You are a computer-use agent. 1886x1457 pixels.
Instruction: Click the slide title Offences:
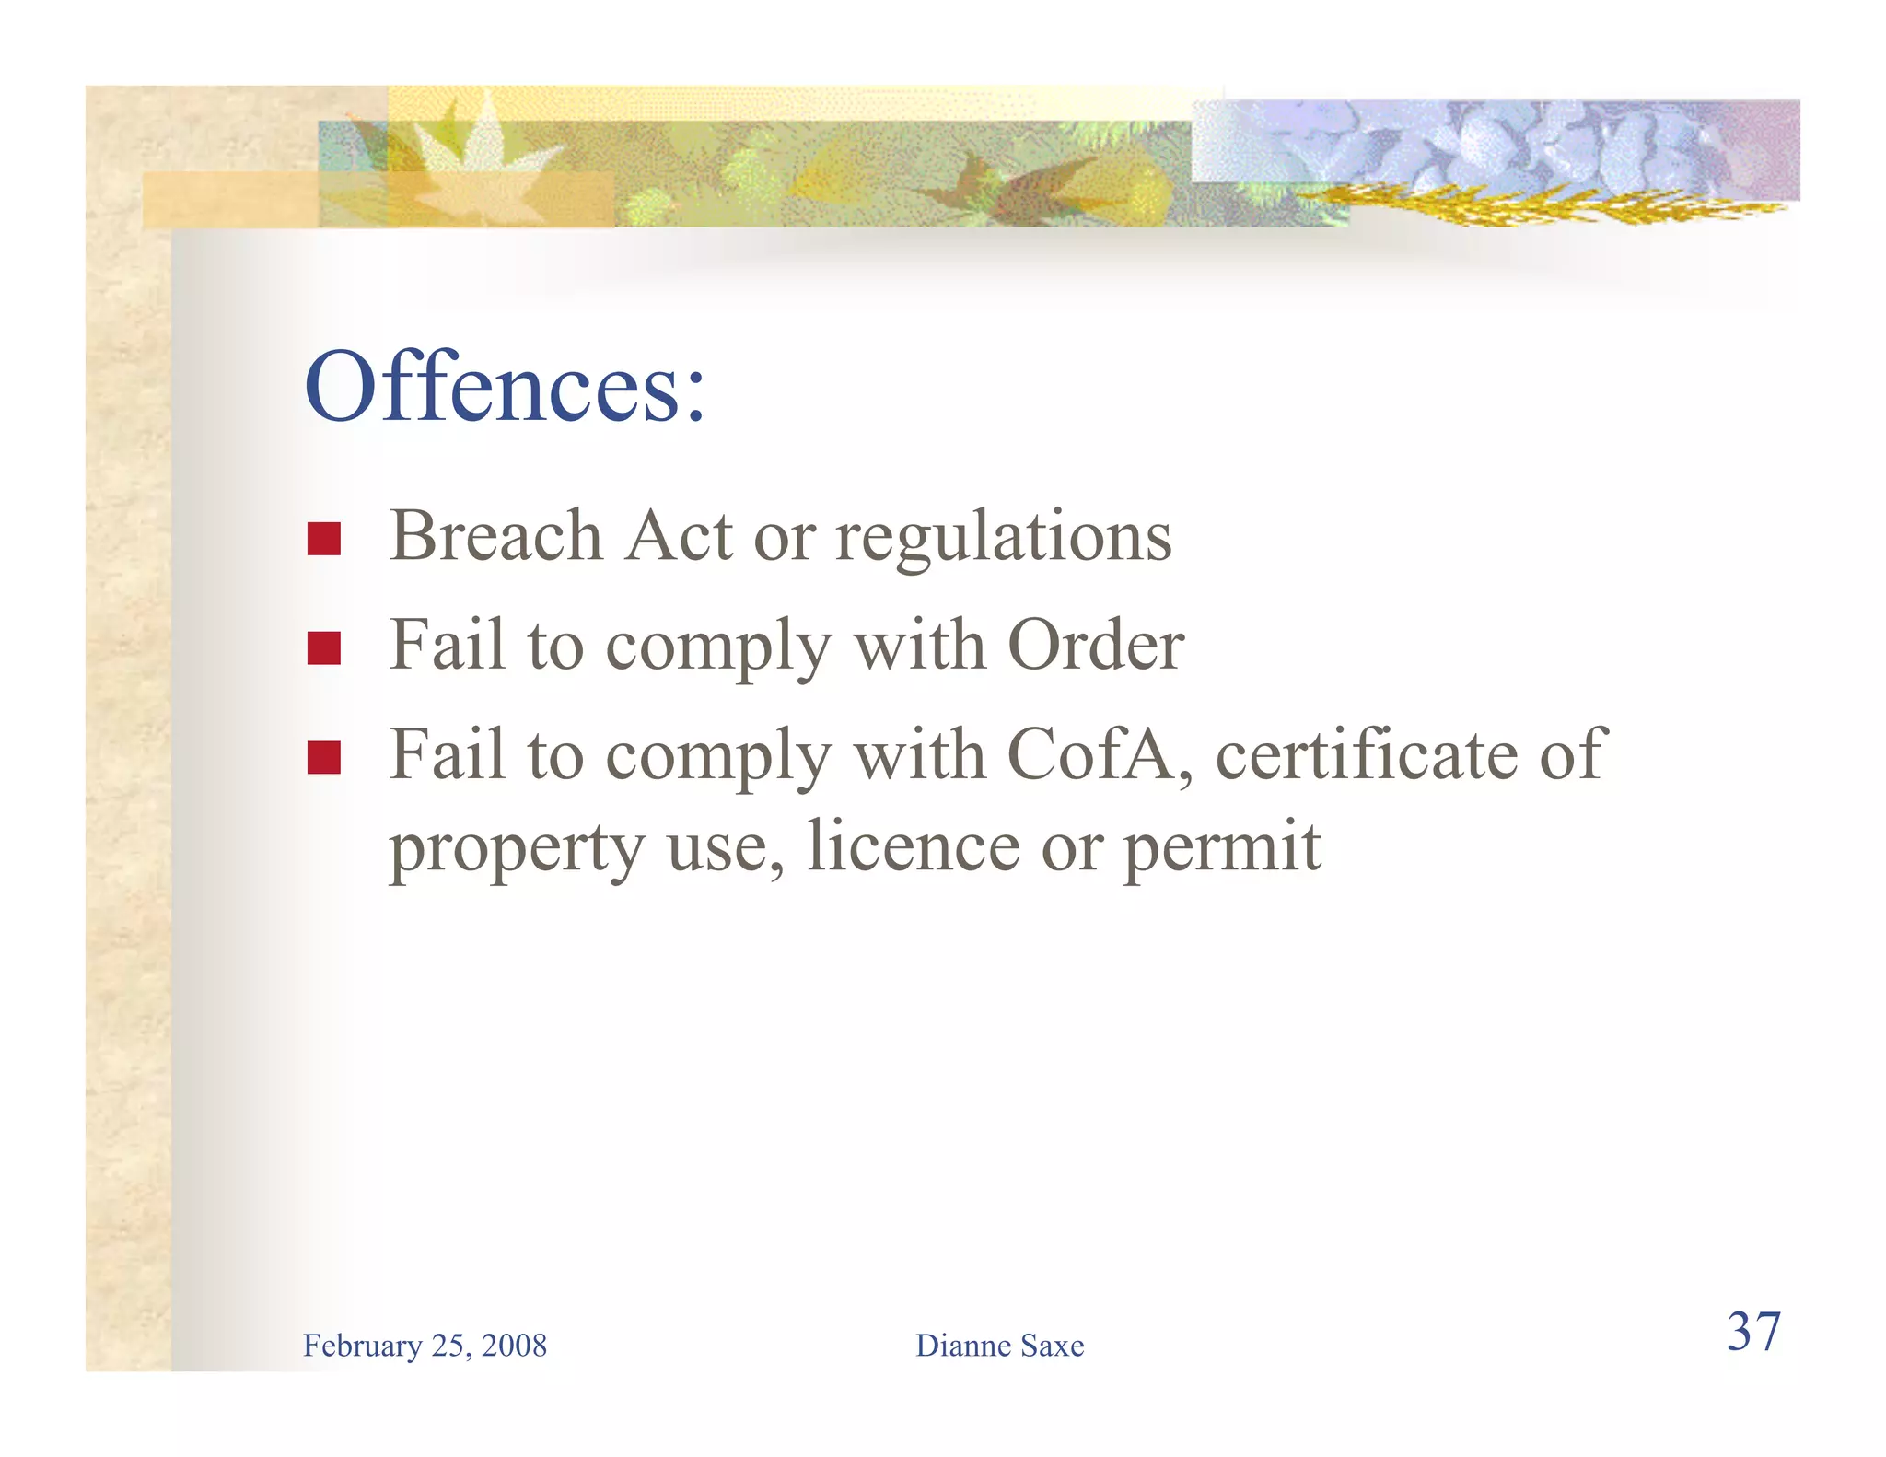coord(505,387)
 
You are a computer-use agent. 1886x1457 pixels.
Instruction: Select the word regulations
coord(1003,538)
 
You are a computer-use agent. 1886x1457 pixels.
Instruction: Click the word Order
coord(1096,645)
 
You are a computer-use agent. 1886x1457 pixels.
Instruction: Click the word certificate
coord(1365,754)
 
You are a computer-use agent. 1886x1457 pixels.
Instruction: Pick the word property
coord(517,847)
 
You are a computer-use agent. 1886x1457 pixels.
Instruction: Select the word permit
coord(1222,847)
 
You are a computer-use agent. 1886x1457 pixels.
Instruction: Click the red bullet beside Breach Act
coord(324,539)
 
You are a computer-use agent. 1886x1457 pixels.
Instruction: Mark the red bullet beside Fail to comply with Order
coord(324,647)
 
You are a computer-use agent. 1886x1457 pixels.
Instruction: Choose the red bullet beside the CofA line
coord(324,757)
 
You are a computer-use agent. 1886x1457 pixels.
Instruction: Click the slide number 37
coord(1753,1332)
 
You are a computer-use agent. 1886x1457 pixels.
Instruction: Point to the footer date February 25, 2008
coord(425,1346)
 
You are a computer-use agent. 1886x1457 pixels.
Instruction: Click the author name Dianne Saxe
coord(999,1346)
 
